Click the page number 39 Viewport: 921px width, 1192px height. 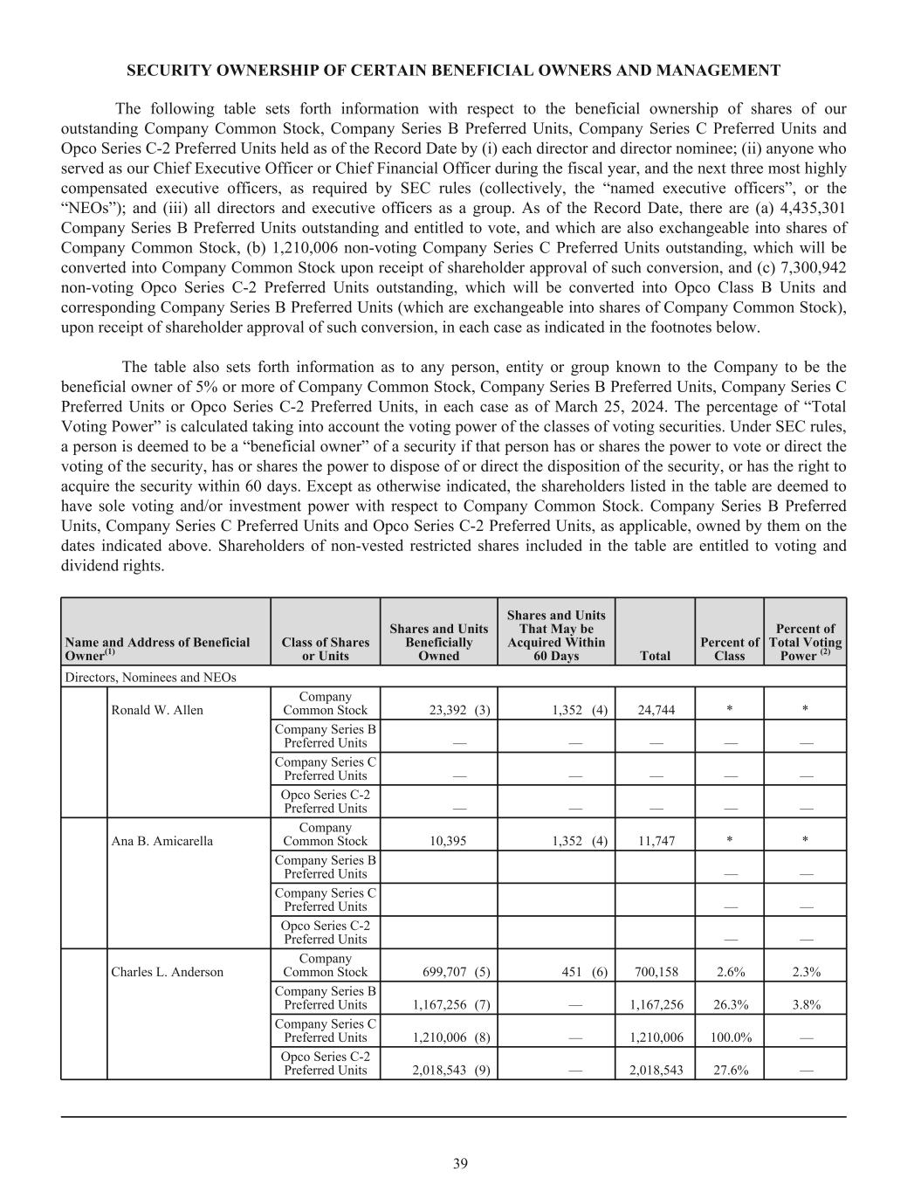(x=460, y=1163)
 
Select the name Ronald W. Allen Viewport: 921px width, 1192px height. (x=157, y=710)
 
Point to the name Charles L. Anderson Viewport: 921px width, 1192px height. (x=168, y=972)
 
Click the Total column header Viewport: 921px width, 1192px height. (x=656, y=656)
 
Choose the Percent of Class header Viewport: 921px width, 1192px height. (x=729, y=649)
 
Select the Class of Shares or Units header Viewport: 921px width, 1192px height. (x=326, y=649)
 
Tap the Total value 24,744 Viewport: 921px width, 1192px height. (x=656, y=710)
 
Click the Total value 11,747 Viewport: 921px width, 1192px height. (x=656, y=841)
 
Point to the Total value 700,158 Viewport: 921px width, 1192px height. (x=656, y=972)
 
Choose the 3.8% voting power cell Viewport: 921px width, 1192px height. (x=806, y=1004)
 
